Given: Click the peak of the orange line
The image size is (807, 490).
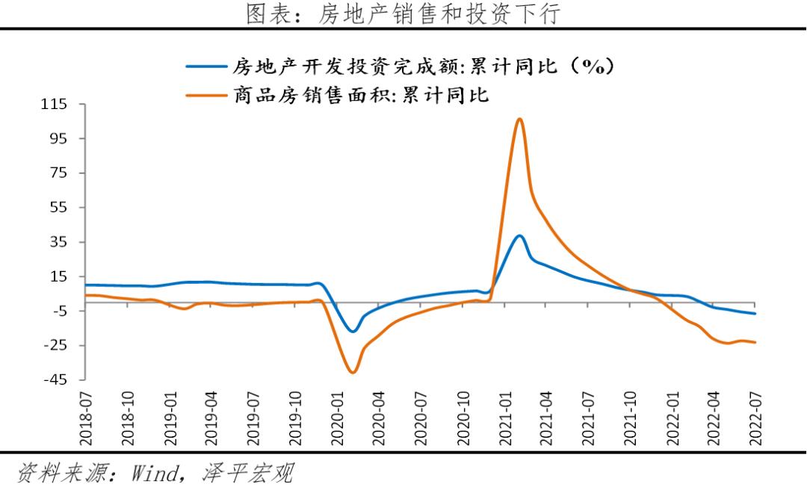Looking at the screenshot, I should click(519, 119).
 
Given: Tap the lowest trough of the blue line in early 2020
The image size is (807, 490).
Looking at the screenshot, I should click(353, 332).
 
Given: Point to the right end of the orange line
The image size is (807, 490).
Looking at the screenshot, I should click(755, 342).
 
